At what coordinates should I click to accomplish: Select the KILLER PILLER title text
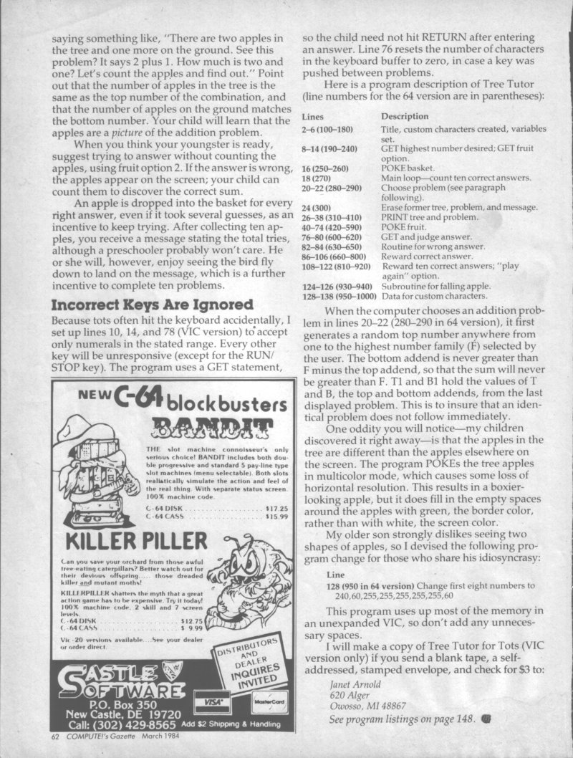[x=129, y=538]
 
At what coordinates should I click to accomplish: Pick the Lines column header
[x=313, y=116]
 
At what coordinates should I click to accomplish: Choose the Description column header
[x=405, y=116]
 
